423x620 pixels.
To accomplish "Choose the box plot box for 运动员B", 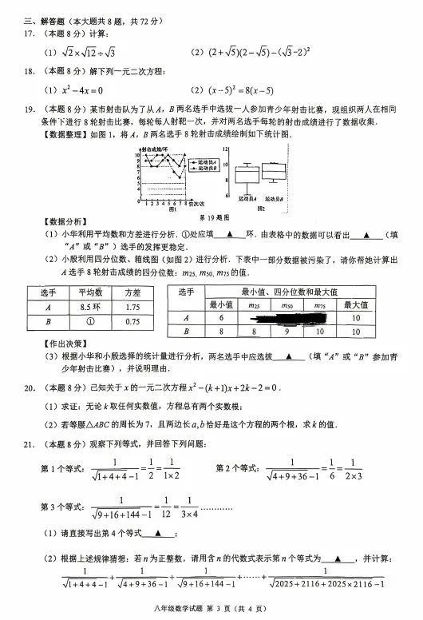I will pos(275,171).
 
